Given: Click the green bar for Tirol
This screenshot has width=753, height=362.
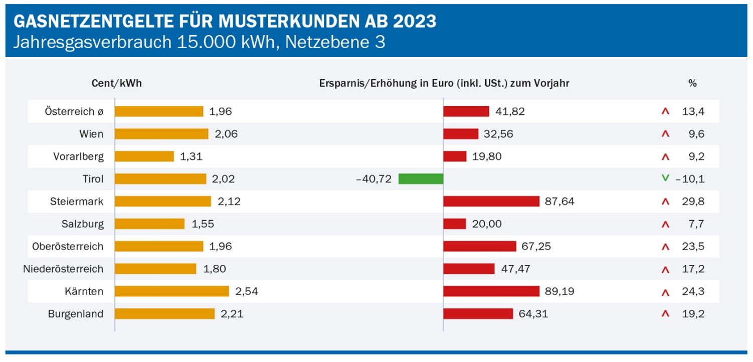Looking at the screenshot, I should tap(421, 178).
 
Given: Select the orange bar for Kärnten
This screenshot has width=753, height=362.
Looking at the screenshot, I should tap(171, 291).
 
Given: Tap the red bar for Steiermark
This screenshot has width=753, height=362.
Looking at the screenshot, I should tap(491, 201).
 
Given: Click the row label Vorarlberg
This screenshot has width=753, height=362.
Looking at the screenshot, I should tap(78, 156).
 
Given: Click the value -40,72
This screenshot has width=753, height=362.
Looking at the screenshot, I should tap(373, 178).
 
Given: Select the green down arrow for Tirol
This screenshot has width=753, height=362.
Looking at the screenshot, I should tap(665, 178).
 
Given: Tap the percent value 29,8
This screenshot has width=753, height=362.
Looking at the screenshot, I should tap(693, 201).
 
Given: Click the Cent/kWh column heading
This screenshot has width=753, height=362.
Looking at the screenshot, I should tap(116, 84).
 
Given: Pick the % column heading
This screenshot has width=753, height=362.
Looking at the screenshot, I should tap(692, 84).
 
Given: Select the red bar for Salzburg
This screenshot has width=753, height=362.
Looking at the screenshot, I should tap(455, 224).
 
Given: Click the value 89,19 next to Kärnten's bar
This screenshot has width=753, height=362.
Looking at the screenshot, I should tap(560, 291).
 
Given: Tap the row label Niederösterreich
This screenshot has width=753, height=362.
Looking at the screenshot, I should tap(63, 269).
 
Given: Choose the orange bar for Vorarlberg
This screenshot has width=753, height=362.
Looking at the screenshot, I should tap(144, 156).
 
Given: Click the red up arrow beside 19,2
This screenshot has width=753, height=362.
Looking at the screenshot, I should tap(665, 314).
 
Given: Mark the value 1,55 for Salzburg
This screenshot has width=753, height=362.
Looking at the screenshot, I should tap(203, 224).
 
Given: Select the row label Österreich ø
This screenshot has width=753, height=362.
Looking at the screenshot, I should tap(74, 111).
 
